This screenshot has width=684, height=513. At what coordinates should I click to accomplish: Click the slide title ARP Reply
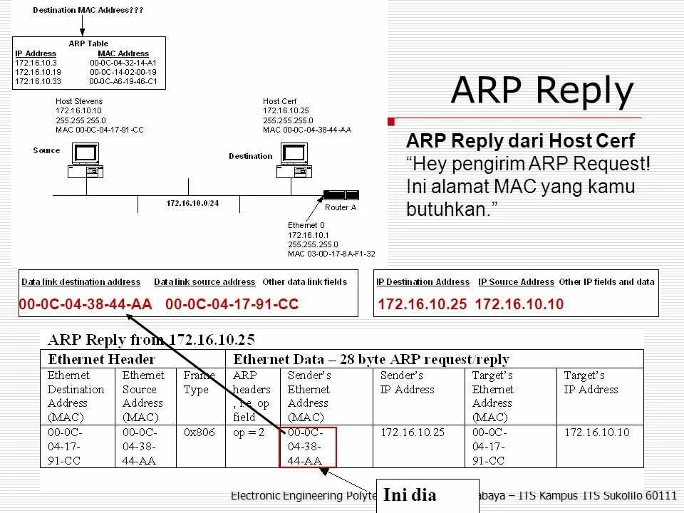[x=542, y=91]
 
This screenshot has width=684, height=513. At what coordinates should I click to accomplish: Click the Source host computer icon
[x=85, y=160]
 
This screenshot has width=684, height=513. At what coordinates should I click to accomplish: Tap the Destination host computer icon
[x=291, y=160]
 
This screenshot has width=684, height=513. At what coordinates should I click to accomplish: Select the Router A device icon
[x=341, y=195]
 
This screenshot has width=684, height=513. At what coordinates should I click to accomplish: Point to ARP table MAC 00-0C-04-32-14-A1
[x=123, y=63]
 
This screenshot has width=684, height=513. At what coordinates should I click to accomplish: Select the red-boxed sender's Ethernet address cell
[x=307, y=447]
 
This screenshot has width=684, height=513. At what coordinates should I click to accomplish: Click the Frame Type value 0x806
[x=199, y=432]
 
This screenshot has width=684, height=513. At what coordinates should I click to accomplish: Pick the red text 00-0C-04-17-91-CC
[x=232, y=305]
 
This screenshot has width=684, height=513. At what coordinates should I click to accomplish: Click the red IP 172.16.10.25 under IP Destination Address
[x=423, y=305]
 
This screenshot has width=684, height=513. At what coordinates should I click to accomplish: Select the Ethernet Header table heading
[x=101, y=359]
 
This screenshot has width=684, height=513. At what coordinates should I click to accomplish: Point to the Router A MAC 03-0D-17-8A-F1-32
[x=331, y=254]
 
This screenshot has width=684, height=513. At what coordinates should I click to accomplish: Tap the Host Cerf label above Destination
[x=279, y=101]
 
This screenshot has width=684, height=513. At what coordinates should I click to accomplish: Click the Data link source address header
[x=204, y=282]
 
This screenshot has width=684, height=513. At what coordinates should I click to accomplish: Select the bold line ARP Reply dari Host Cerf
[x=520, y=142]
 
